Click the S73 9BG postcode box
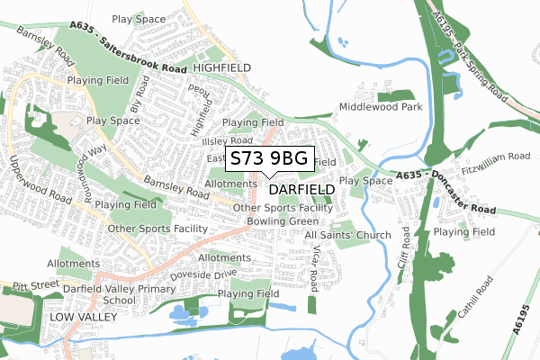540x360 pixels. pyautogui.click(x=269, y=158)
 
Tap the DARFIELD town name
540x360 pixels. pyautogui.click(x=301, y=190)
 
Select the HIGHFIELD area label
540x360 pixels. pyautogui.click(x=221, y=67)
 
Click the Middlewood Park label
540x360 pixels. pyautogui.click(x=381, y=107)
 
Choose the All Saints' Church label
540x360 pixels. pyautogui.click(x=347, y=235)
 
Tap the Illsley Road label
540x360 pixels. pyautogui.click(x=228, y=140)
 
